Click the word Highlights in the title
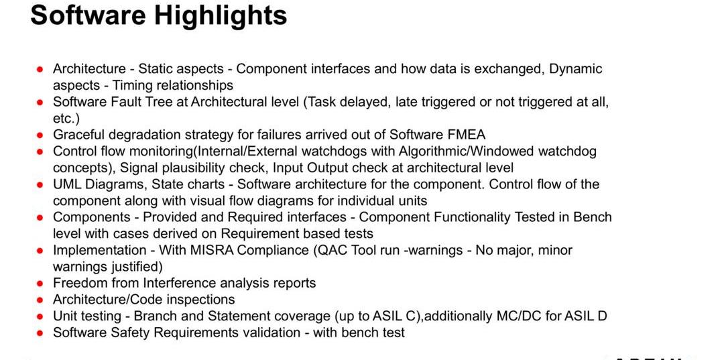tap(221, 15)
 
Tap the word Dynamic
tap(577, 69)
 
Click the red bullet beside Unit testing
tap(40, 316)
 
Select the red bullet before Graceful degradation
tap(40, 135)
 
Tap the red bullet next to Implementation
tap(40, 251)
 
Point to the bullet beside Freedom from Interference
tap(40, 284)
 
